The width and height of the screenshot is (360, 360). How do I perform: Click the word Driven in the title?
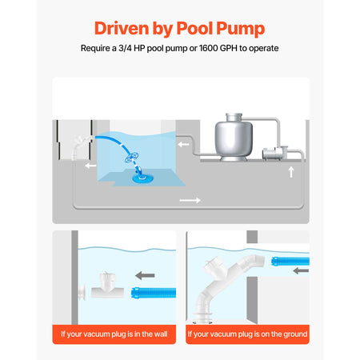click(x=122, y=28)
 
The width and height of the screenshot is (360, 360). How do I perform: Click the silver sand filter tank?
click(x=234, y=137)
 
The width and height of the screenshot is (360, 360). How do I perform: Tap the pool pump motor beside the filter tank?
click(x=274, y=154)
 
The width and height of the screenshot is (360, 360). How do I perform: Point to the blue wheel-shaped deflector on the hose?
click(x=131, y=157)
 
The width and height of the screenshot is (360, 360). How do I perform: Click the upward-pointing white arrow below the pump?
click(x=291, y=172)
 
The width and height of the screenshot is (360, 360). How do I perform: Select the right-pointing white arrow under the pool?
click(x=190, y=200)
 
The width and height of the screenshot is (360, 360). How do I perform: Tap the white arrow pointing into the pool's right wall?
click(x=183, y=145)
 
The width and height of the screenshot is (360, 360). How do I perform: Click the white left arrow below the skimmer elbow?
click(x=90, y=166)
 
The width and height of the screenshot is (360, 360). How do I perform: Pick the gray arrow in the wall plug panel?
click(x=145, y=275)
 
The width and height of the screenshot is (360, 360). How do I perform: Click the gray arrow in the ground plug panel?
click(x=301, y=271)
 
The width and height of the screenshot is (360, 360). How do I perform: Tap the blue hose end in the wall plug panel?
click(x=154, y=293)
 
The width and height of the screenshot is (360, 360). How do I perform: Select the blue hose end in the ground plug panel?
click(x=290, y=261)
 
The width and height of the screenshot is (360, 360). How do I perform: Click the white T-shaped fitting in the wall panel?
click(x=107, y=286)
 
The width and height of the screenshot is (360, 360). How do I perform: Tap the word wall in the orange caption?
click(x=160, y=334)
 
